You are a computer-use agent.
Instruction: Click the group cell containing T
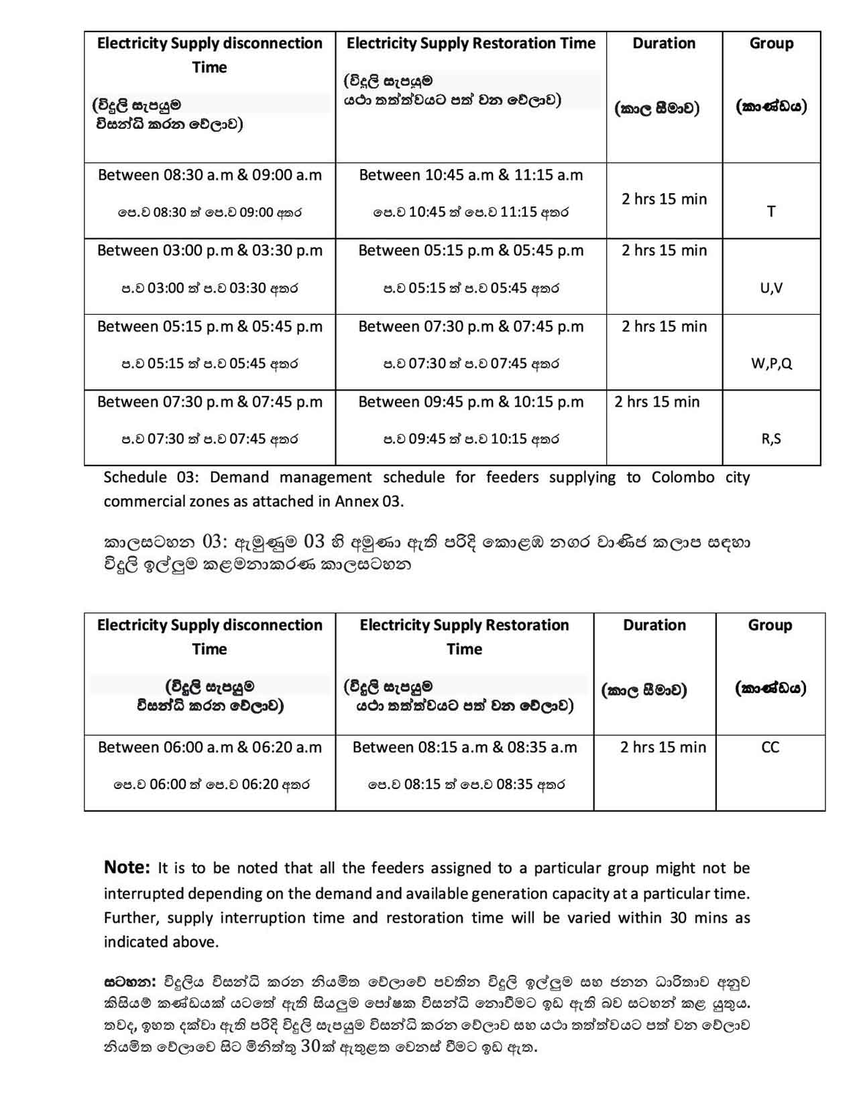tap(771, 211)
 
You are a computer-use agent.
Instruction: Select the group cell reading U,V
tap(771, 288)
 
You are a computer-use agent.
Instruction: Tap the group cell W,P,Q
tap(771, 364)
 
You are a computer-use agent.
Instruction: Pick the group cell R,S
tap(771, 439)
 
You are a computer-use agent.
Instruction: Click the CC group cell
tap(770, 747)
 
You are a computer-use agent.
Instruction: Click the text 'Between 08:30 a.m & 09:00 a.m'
tap(210, 175)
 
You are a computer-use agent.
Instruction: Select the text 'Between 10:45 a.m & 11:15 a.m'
tap(471, 175)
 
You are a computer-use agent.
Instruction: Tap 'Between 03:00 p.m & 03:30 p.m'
tap(210, 251)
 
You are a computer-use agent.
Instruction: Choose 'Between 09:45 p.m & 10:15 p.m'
tap(471, 402)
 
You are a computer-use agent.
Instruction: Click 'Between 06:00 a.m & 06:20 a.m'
tap(210, 747)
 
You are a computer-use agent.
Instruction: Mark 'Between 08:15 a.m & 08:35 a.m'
tap(465, 747)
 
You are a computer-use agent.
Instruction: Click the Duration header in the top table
tap(664, 44)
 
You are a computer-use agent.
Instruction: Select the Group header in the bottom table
tap(770, 625)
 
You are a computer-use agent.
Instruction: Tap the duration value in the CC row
tap(663, 747)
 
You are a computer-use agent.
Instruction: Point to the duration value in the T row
tap(664, 199)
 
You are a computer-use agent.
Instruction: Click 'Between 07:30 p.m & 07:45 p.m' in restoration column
tap(471, 327)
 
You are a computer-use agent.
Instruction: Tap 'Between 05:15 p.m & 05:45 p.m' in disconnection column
tap(210, 327)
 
